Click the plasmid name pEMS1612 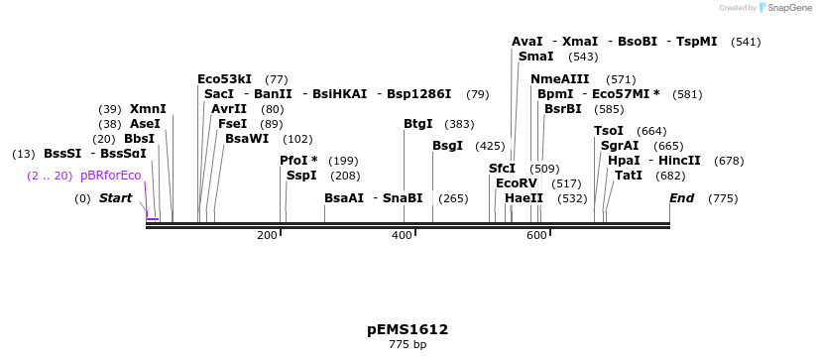click(x=408, y=329)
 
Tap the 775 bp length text click(x=408, y=345)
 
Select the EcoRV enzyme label click(x=516, y=183)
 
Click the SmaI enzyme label click(x=535, y=57)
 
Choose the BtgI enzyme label click(x=417, y=124)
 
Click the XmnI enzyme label click(x=148, y=109)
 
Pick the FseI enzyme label click(x=232, y=124)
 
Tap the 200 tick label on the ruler click(x=267, y=235)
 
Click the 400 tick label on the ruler click(x=402, y=235)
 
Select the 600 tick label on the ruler click(x=536, y=235)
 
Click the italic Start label click(x=115, y=198)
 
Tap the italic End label click(x=681, y=198)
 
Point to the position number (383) click(x=459, y=124)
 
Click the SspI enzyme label click(x=301, y=176)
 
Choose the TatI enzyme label click(x=629, y=176)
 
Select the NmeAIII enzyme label click(x=559, y=79)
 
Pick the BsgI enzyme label click(x=447, y=146)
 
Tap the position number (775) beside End click(x=723, y=198)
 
